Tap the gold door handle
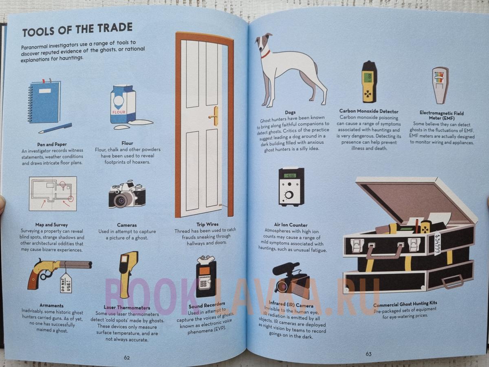click(214, 116)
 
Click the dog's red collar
click(266, 54)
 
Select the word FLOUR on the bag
click(119, 112)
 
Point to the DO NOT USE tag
click(66, 283)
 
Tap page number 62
click(127, 358)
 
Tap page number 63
click(368, 354)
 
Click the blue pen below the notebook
click(55, 128)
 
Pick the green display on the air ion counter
click(290, 176)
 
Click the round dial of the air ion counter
click(289, 195)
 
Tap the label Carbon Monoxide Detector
click(369, 111)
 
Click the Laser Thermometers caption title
click(127, 308)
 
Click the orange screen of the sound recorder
click(205, 271)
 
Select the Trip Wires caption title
click(207, 224)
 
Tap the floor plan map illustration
click(53, 194)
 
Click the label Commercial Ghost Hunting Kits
click(405, 304)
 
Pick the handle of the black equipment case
click(384, 250)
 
